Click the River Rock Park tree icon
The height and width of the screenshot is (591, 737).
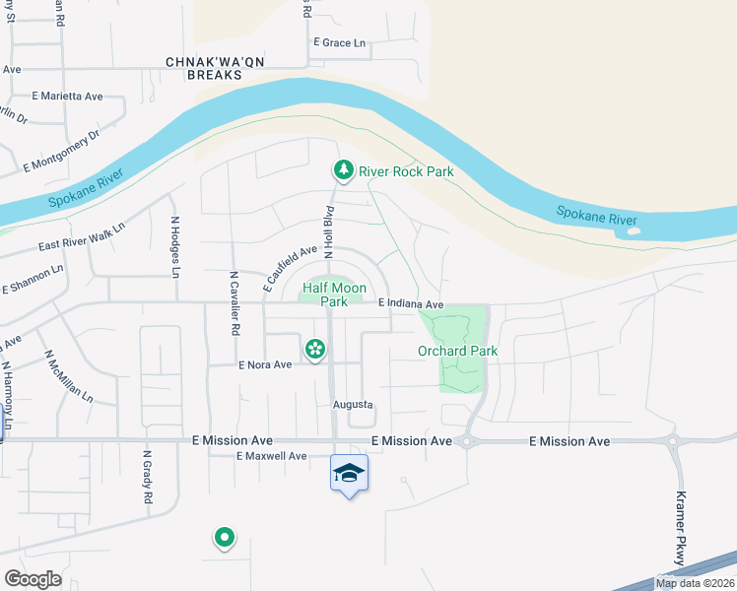pos(343,170)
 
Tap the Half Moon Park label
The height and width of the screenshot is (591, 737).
pos(334,295)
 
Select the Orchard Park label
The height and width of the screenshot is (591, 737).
pos(457,351)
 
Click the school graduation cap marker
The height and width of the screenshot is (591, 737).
pos(349,474)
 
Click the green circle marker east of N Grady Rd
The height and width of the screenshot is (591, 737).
pos(225,538)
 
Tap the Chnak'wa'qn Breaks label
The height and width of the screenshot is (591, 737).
pos(203,68)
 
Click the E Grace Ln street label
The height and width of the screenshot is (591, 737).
pos(339,43)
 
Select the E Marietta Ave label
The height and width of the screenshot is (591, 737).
pos(68,97)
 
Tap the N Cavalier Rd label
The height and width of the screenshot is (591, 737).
pos(234,304)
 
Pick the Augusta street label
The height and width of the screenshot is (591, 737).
pos(352,405)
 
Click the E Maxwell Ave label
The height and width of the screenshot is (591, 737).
pos(272,456)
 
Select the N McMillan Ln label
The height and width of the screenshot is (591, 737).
pos(68,376)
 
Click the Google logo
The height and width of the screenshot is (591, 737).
pos(33,579)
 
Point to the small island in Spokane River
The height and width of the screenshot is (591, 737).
pos(632,233)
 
